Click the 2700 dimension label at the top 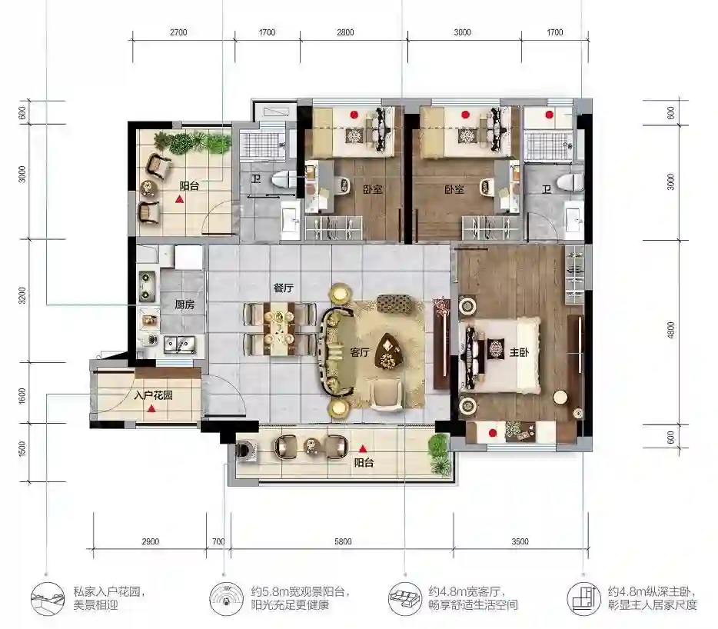click(178, 32)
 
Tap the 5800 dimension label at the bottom click(343, 541)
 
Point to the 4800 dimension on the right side click(671, 330)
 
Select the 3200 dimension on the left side click(22, 296)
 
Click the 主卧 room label click(519, 352)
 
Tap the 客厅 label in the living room click(360, 352)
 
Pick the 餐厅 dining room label click(283, 288)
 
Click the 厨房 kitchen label click(184, 305)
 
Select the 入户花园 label click(153, 395)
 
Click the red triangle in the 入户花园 click(151, 408)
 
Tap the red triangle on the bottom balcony click(363, 449)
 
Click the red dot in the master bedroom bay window click(493, 433)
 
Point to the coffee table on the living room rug click(388, 351)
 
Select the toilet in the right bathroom click(570, 182)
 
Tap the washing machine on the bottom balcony click(247, 449)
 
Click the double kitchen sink click(180, 344)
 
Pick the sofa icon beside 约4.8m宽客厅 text click(404, 598)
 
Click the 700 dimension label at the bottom click(218, 541)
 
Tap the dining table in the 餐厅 click(279, 328)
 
